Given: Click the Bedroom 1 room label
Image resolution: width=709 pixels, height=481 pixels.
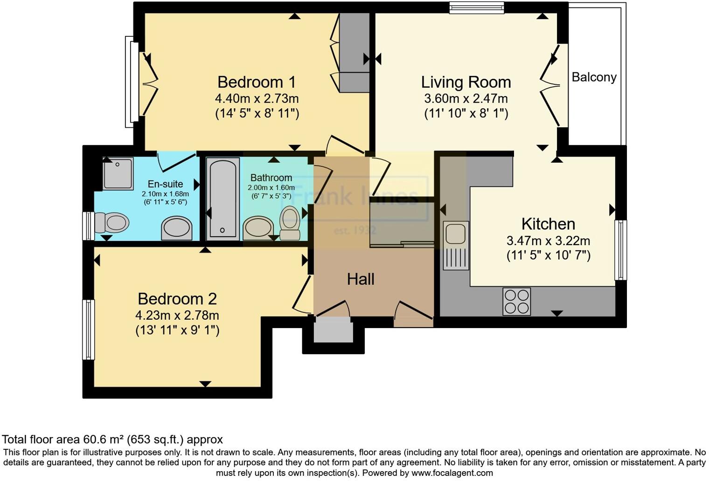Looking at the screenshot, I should click(x=257, y=82).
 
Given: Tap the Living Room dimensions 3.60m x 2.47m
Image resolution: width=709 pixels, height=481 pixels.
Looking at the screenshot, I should click(x=466, y=99).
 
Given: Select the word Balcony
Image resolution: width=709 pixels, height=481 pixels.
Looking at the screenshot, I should click(x=594, y=77).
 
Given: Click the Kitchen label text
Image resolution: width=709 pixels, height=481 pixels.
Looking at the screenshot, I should click(x=548, y=224).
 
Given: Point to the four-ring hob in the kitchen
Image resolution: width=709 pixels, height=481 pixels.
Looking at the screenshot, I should click(x=516, y=302).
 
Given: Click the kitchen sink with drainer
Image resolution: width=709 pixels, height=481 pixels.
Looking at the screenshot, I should click(x=456, y=245).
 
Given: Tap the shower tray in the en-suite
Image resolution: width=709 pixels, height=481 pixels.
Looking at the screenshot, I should click(x=118, y=173).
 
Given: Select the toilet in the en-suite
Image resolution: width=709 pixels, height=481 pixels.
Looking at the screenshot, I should click(x=112, y=222).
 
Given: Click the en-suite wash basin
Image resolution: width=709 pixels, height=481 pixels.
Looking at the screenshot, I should click(x=176, y=228).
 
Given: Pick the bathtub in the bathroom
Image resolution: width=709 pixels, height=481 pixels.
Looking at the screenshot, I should click(x=222, y=198).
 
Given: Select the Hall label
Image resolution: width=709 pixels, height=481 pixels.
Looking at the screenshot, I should click(x=361, y=279).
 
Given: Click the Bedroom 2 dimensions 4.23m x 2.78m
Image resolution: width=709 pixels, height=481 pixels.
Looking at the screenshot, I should click(x=177, y=316).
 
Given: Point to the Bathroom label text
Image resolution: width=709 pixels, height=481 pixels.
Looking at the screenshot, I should click(x=271, y=178).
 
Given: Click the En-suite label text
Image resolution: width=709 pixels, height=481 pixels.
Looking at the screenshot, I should click(x=165, y=184).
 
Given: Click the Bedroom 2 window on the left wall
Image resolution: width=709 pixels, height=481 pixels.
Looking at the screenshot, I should click(x=88, y=330).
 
